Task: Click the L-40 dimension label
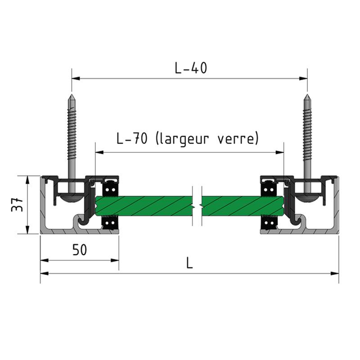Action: [191, 68]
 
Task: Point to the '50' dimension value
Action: [80, 250]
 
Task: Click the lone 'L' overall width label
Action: [189, 263]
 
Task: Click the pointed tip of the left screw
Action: [72, 95]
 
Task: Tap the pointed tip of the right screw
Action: [307, 95]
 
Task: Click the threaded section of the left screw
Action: [72, 133]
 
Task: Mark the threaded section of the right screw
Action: [307, 133]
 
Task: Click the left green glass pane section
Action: [144, 206]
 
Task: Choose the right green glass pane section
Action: [242, 206]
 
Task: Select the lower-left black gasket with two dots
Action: [110, 223]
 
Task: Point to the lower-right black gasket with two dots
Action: [269, 223]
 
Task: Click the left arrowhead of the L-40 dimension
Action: [76, 78]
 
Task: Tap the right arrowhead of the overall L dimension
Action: [335, 273]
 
